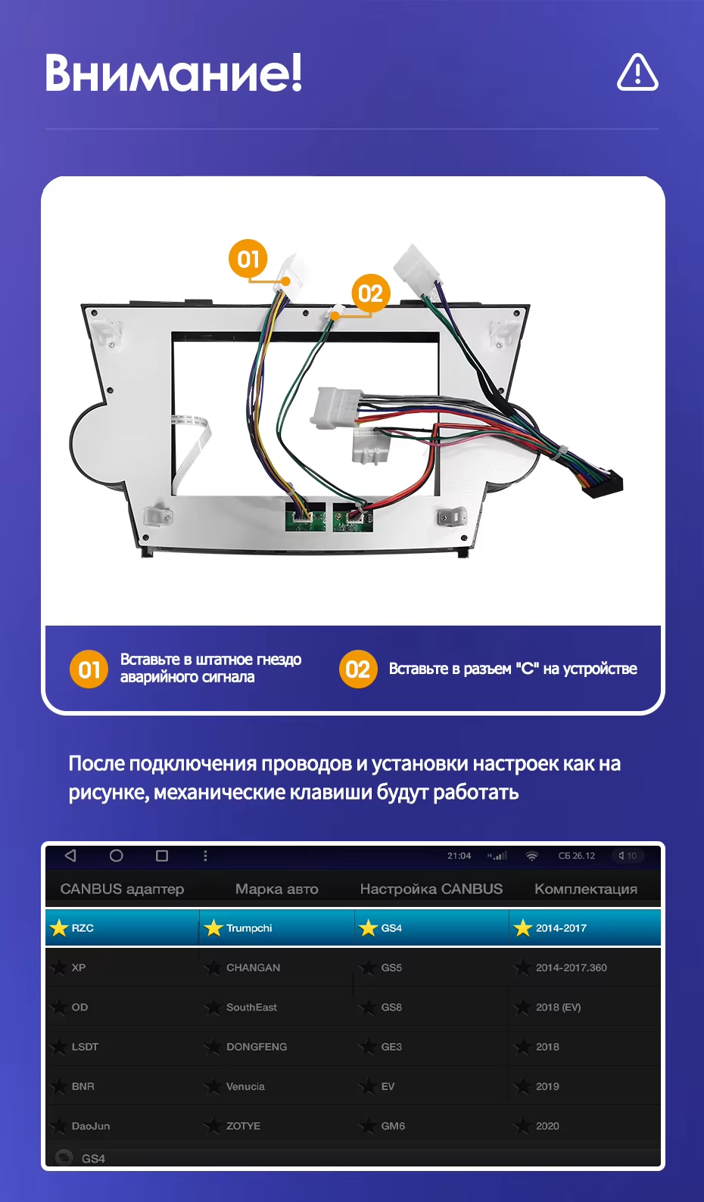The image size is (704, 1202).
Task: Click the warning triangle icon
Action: (637, 73)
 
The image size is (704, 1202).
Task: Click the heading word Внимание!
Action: (173, 73)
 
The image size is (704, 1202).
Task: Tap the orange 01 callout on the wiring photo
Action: (248, 259)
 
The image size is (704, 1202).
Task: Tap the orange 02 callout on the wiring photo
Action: (370, 293)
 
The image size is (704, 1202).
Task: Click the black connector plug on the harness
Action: (603, 483)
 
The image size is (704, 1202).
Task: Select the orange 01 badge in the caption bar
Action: (89, 669)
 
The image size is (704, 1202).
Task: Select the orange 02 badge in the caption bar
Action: (357, 669)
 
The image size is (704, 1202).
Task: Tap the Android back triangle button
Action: (70, 856)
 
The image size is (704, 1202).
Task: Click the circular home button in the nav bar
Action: (116, 856)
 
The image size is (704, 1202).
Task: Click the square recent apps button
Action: (161, 856)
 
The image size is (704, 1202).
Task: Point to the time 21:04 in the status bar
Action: (459, 856)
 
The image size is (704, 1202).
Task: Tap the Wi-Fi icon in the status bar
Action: (532, 856)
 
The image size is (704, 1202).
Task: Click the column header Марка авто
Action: (276, 889)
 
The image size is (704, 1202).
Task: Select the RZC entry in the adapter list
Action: (83, 928)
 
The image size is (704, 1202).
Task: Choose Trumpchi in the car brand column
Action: (249, 928)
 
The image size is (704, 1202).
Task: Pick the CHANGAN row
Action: (253, 968)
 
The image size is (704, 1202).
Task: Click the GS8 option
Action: (391, 1007)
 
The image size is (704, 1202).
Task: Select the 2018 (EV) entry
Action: (558, 1007)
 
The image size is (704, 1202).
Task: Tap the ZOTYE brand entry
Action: (243, 1126)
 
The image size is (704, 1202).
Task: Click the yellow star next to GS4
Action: (368, 928)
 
